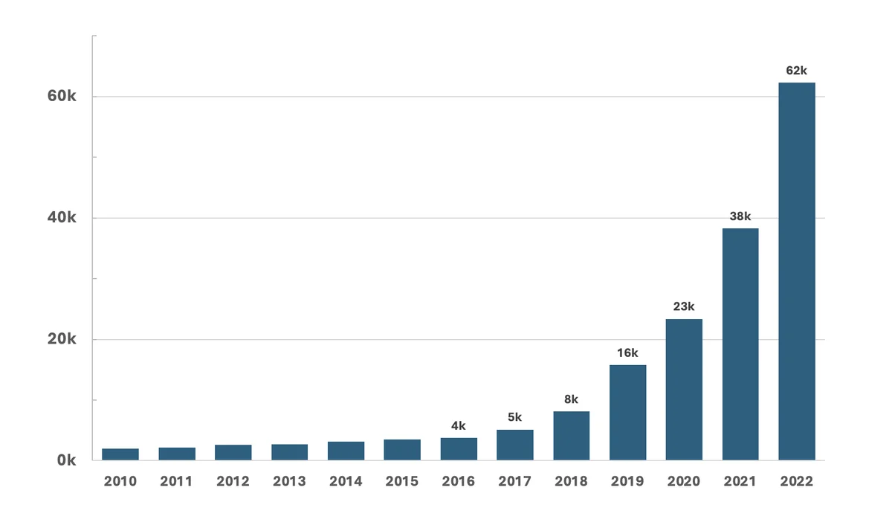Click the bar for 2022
pyautogui.click(x=796, y=271)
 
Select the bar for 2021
pyautogui.click(x=740, y=344)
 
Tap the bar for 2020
pyautogui.click(x=684, y=389)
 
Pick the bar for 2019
pyautogui.click(x=627, y=412)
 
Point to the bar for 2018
pyautogui.click(x=571, y=435)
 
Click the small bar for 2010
pyautogui.click(x=120, y=454)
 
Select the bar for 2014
pyautogui.click(x=346, y=451)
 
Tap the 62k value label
pyautogui.click(x=796, y=71)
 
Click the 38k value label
pyautogui.click(x=740, y=216)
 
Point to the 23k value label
pyautogui.click(x=684, y=306)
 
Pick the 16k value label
pyautogui.click(x=627, y=352)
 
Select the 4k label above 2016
pyautogui.click(x=459, y=426)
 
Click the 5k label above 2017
pyautogui.click(x=514, y=417)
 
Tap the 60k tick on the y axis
pyautogui.click(x=62, y=97)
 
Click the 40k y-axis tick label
pyautogui.click(x=62, y=218)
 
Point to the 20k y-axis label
pyautogui.click(x=62, y=339)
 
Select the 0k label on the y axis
pyautogui.click(x=67, y=460)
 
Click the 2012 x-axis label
pyautogui.click(x=233, y=481)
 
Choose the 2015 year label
pyautogui.click(x=402, y=481)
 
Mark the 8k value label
pyautogui.click(x=571, y=399)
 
